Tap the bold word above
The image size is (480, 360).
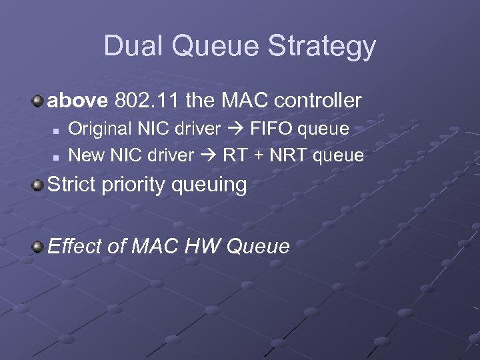[77, 101]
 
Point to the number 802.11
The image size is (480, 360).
[147, 101]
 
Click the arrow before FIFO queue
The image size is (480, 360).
[235, 129]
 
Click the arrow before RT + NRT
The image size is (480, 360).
[209, 155]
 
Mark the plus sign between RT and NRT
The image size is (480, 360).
[257, 155]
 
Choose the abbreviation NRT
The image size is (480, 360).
[287, 155]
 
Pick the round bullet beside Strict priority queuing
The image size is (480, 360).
[38, 184]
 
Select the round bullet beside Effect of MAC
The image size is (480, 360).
[38, 247]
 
